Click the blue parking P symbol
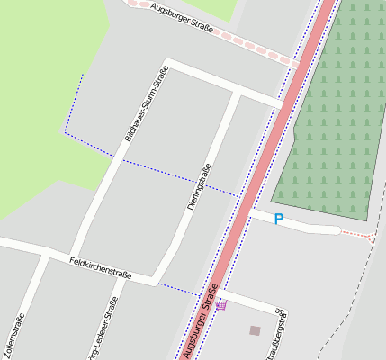[x=279, y=219]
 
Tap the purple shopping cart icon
[x=221, y=305]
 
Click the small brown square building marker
[x=255, y=330]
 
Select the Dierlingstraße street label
[x=199, y=187]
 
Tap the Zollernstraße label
[x=15, y=337]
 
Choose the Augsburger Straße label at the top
[x=182, y=18]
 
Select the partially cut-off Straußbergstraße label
[x=280, y=339]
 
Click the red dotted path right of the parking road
[x=357, y=235]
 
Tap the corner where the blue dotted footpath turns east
[x=65, y=132]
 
